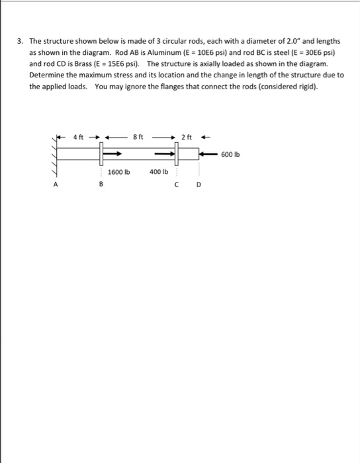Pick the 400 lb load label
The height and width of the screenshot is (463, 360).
pos(158,171)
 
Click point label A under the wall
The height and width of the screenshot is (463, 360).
pos(56,186)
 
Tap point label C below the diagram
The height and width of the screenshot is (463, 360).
pos(178,186)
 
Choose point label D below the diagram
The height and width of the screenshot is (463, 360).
pos(197,186)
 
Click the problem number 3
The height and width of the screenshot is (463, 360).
pos(20,41)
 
